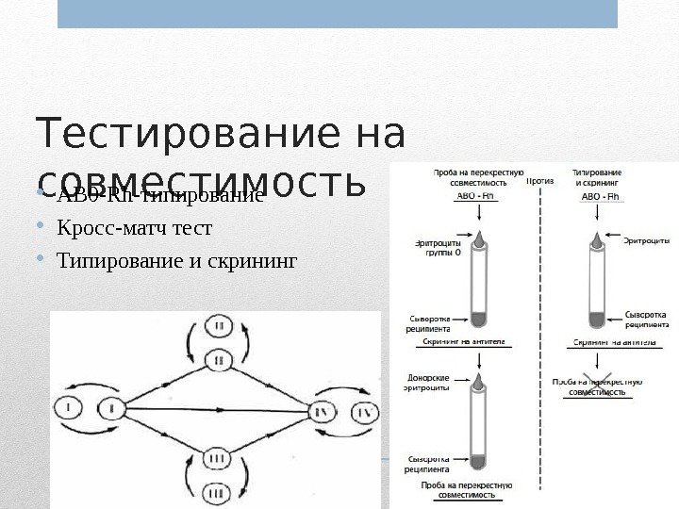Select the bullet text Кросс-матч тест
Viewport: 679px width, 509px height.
[x=135, y=228]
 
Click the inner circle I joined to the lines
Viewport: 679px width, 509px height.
[x=111, y=409]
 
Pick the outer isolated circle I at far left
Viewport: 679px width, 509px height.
[x=68, y=408]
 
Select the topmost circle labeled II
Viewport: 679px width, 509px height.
[x=218, y=326]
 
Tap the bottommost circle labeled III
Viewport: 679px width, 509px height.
[x=217, y=492]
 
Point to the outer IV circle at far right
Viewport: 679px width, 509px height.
[x=363, y=413]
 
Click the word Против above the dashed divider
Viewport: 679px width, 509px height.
[x=539, y=181]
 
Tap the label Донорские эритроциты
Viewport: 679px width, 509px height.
[x=434, y=381]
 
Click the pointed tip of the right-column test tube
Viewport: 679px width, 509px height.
[x=596, y=237]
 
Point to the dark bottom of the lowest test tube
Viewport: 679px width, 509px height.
[x=479, y=461]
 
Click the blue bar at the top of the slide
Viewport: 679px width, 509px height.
[x=338, y=13]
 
